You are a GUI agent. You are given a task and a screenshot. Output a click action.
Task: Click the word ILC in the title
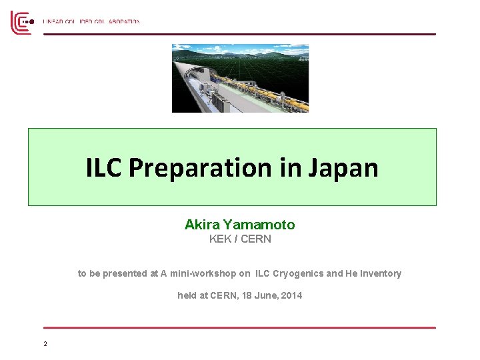click(x=104, y=168)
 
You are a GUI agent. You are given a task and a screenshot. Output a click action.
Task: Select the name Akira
click(x=203, y=225)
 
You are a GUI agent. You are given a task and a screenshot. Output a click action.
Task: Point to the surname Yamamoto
click(x=259, y=225)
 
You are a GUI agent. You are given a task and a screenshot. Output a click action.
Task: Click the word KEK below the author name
click(x=220, y=239)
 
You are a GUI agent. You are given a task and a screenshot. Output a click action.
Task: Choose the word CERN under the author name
click(x=256, y=239)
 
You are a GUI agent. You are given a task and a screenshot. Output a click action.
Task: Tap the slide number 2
click(x=45, y=344)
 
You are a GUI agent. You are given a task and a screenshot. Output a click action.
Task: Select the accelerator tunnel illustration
click(x=240, y=78)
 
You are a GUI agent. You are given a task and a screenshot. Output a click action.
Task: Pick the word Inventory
click(x=380, y=273)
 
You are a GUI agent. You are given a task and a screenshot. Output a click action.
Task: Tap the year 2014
click(x=291, y=295)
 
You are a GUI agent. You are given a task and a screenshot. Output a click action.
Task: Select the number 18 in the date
click(x=244, y=295)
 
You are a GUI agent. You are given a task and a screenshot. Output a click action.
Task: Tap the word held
click(x=187, y=295)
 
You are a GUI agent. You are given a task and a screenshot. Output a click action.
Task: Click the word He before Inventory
click(x=351, y=273)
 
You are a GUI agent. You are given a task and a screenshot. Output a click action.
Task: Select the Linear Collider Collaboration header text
click(x=91, y=22)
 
